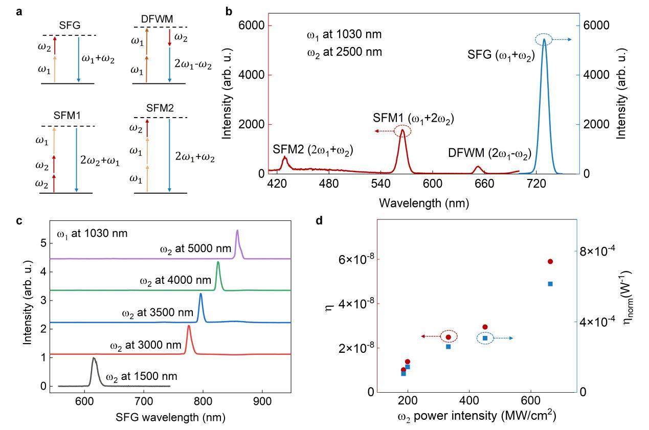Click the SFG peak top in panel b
pyautogui.click(x=544, y=40)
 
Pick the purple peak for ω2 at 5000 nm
pyautogui.click(x=237, y=231)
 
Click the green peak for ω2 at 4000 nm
pyautogui.click(x=218, y=263)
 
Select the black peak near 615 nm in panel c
pyautogui.click(x=94, y=359)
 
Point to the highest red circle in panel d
pyautogui.click(x=550, y=261)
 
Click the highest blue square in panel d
pyautogui.click(x=550, y=284)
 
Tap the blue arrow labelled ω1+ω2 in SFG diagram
pyautogui.click(x=78, y=59)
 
